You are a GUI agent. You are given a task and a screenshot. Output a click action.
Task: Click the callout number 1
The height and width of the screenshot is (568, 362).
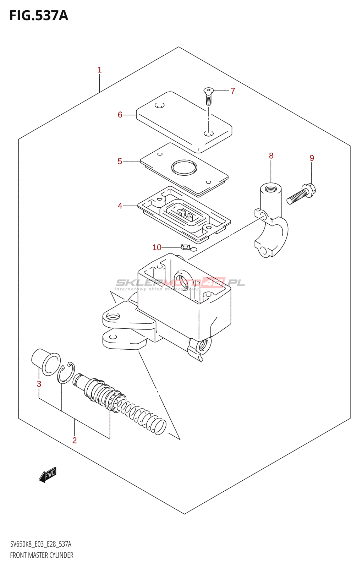point(99,70)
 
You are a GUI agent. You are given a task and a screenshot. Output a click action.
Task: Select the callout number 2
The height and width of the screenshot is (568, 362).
point(75,440)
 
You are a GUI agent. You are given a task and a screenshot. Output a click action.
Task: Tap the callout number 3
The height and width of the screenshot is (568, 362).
point(39,384)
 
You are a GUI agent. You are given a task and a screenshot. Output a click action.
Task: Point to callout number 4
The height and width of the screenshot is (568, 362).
point(120,206)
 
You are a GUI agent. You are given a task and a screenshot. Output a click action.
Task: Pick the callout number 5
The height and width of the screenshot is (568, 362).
point(120,162)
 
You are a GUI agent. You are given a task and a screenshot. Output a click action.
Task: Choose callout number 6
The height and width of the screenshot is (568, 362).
point(120,115)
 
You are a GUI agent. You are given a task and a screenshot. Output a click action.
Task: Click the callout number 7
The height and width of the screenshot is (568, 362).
point(233,91)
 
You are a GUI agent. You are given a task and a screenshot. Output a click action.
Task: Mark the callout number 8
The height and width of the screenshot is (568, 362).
point(271,155)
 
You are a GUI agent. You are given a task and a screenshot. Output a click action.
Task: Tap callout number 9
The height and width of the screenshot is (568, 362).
point(312,158)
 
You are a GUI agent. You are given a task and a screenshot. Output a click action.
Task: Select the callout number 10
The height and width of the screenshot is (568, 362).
point(157,247)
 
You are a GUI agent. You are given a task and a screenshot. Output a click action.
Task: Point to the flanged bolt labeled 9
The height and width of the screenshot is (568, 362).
point(302,193)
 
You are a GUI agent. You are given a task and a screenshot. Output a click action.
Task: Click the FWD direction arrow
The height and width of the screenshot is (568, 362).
point(48,475)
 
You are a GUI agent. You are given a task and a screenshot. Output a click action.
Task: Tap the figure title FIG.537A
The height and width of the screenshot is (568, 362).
point(39,16)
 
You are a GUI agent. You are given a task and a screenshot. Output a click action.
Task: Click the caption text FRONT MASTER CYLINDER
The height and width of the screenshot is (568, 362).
point(42,555)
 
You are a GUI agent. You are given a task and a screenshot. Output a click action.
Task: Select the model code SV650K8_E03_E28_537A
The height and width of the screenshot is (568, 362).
point(41,544)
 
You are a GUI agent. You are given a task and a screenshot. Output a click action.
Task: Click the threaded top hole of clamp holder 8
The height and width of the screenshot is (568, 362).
point(271,187)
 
